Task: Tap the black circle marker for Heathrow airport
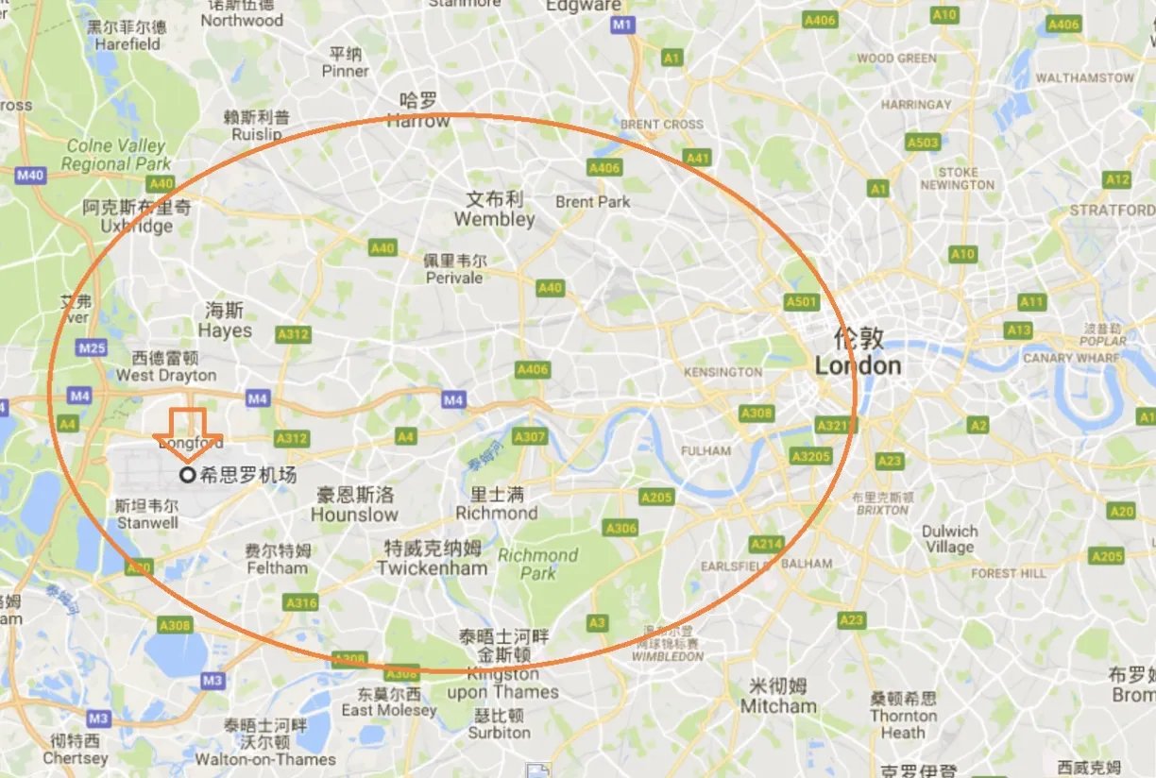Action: coord(187,475)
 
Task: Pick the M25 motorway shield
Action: coord(93,348)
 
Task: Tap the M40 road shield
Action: coord(30,175)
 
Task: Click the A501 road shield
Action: coord(801,302)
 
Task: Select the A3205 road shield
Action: coord(811,457)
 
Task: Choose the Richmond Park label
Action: coord(537,564)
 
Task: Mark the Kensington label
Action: coord(722,372)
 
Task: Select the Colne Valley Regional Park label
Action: coord(115,155)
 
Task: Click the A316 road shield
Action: coord(301,602)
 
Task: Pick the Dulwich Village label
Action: coord(949,539)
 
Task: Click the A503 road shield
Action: coord(922,143)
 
